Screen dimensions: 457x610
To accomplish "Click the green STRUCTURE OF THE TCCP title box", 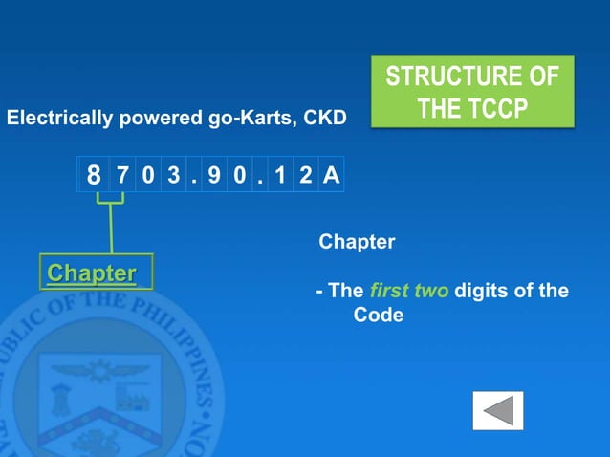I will point(471,93).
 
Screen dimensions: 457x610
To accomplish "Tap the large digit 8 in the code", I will point(94,177).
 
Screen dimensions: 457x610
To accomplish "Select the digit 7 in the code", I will point(123,176).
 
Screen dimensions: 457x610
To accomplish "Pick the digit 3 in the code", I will point(170,176).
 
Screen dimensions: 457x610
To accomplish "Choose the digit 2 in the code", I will point(305,176).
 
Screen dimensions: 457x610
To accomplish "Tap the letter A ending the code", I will point(330,176).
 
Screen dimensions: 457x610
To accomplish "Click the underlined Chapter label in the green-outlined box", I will point(92,273).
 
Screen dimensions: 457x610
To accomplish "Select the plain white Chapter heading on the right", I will point(356,242).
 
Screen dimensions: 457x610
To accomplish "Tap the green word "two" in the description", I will point(430,291).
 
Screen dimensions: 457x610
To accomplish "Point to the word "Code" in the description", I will point(379,315).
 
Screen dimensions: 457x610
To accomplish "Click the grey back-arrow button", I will point(498,411).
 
